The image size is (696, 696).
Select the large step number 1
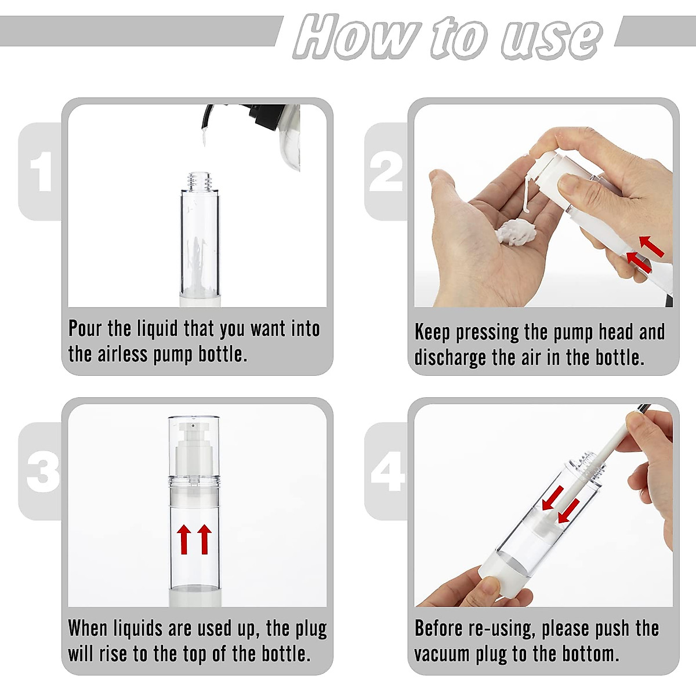point(42,172)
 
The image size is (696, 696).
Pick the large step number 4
point(387,472)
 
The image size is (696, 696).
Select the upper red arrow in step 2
point(651,246)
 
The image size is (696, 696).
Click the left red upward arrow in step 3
point(184,539)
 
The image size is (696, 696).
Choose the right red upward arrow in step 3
point(204,539)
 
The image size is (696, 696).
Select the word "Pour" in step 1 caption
point(85,329)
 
